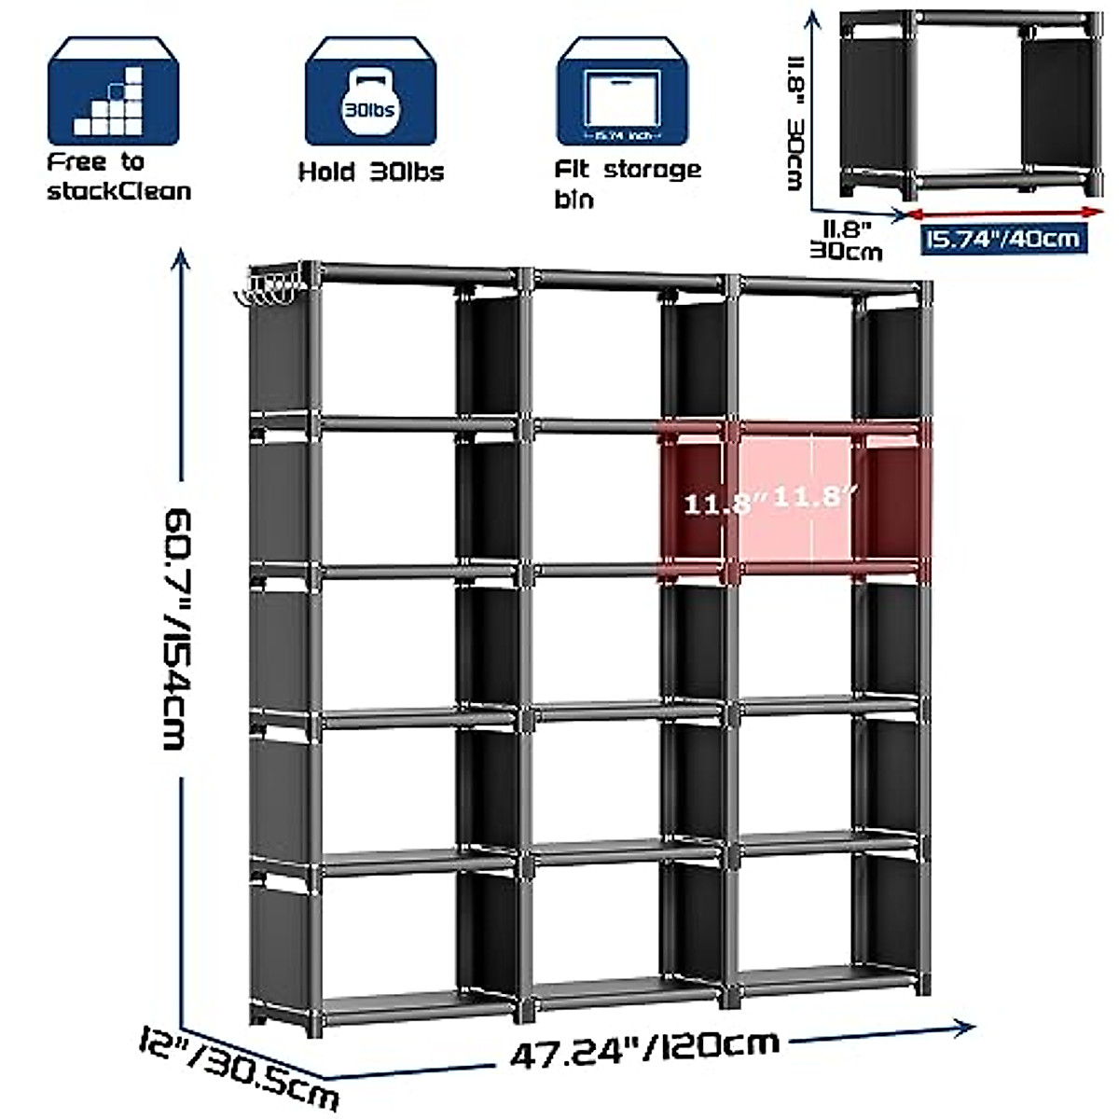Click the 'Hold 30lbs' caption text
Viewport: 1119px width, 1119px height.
(x=370, y=172)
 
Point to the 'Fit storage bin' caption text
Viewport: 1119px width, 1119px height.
(x=627, y=183)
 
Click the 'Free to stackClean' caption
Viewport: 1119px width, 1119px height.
(x=118, y=176)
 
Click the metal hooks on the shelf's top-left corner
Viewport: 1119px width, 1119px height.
(x=268, y=289)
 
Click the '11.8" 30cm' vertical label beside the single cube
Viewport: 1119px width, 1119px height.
(x=798, y=122)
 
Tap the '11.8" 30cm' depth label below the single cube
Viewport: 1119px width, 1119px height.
(x=848, y=238)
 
